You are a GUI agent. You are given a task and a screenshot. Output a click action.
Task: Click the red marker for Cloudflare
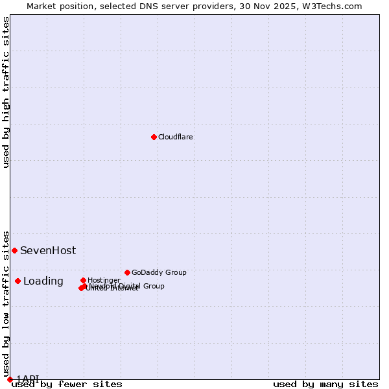point(154,137)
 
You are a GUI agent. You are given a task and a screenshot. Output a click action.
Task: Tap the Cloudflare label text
point(176,137)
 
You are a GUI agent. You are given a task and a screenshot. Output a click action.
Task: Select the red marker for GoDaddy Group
point(127,272)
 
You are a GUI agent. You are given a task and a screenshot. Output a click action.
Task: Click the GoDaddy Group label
point(159,272)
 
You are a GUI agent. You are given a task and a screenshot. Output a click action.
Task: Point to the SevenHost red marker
point(14,250)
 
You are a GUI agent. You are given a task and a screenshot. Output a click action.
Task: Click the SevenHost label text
point(48,250)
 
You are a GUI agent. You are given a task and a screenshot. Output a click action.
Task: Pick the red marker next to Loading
point(18,281)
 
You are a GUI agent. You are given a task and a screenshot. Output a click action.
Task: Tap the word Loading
point(43,281)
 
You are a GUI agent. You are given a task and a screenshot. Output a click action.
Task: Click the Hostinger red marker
point(83,280)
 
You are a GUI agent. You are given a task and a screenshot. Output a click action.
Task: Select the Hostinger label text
point(104,280)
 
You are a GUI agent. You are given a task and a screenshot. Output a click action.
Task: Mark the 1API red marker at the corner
point(10,379)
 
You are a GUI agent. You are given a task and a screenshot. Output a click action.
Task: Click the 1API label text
point(28,379)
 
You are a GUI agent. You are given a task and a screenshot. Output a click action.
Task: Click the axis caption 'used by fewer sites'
point(67,384)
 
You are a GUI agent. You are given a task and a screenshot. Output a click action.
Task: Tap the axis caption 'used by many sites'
point(325,384)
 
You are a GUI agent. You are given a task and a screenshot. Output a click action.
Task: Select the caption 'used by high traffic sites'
point(6,92)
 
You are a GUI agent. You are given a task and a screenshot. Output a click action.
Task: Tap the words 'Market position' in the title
point(60,6)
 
